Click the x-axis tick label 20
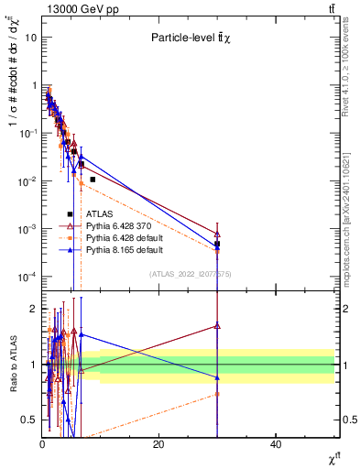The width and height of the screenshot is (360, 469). point(158,443)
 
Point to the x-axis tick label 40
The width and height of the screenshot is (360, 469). point(276,443)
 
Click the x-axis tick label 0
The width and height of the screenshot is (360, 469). point(42,443)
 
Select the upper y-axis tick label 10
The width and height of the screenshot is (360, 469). point(31,38)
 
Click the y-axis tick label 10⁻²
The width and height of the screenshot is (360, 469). point(27,181)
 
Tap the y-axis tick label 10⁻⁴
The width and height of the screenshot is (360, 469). point(27,277)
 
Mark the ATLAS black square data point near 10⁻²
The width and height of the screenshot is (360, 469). point(93,180)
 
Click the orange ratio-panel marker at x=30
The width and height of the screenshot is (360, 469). point(217,394)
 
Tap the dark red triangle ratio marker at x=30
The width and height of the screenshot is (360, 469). point(217,325)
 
